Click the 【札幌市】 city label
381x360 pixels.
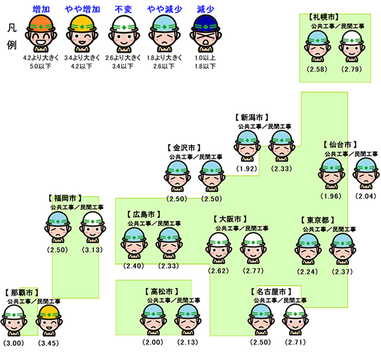pos(323,17)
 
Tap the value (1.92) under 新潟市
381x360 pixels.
pos(247,169)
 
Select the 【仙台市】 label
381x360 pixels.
pos(340,144)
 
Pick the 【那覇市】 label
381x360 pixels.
pos(22,292)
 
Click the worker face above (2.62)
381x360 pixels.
pos(218,248)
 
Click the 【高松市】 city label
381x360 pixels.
pos(160,291)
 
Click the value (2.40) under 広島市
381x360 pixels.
pos(133,266)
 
